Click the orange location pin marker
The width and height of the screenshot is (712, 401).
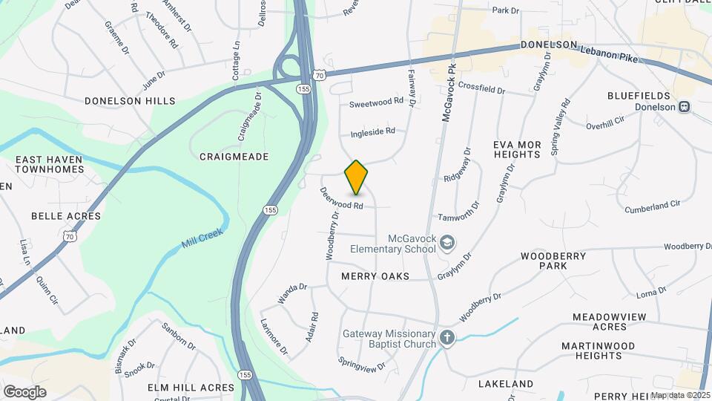click(356, 177)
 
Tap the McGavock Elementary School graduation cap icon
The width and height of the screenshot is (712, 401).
click(447, 242)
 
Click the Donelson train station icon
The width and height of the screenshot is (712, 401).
click(685, 107)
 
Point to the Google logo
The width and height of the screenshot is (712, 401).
click(24, 391)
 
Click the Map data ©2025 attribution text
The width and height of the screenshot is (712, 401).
click(680, 395)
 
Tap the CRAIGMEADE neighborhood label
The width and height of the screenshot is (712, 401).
click(234, 157)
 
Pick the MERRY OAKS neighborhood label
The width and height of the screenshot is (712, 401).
click(375, 276)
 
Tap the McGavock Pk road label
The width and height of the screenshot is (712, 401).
click(447, 92)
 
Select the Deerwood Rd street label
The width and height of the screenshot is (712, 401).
click(342, 198)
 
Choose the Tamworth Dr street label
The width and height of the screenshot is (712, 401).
click(459, 218)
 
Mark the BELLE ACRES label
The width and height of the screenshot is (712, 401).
click(65, 215)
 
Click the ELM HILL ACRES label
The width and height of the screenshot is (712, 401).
click(191, 387)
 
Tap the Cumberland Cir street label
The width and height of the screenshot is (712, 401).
click(652, 203)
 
